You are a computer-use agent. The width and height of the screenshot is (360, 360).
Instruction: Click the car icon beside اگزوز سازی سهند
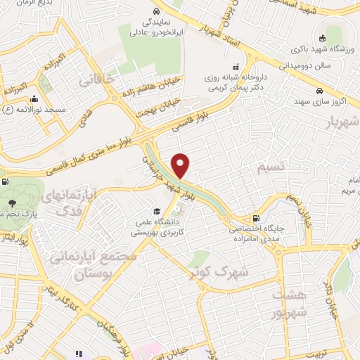(x=319, y=91)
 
